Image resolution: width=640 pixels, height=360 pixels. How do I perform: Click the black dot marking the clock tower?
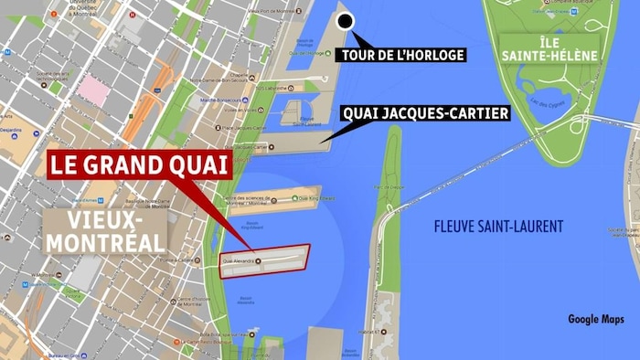(x=346, y=22)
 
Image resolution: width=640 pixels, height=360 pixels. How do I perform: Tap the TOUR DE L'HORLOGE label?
(x=401, y=55)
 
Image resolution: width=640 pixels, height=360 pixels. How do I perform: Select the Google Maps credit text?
(x=595, y=319)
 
